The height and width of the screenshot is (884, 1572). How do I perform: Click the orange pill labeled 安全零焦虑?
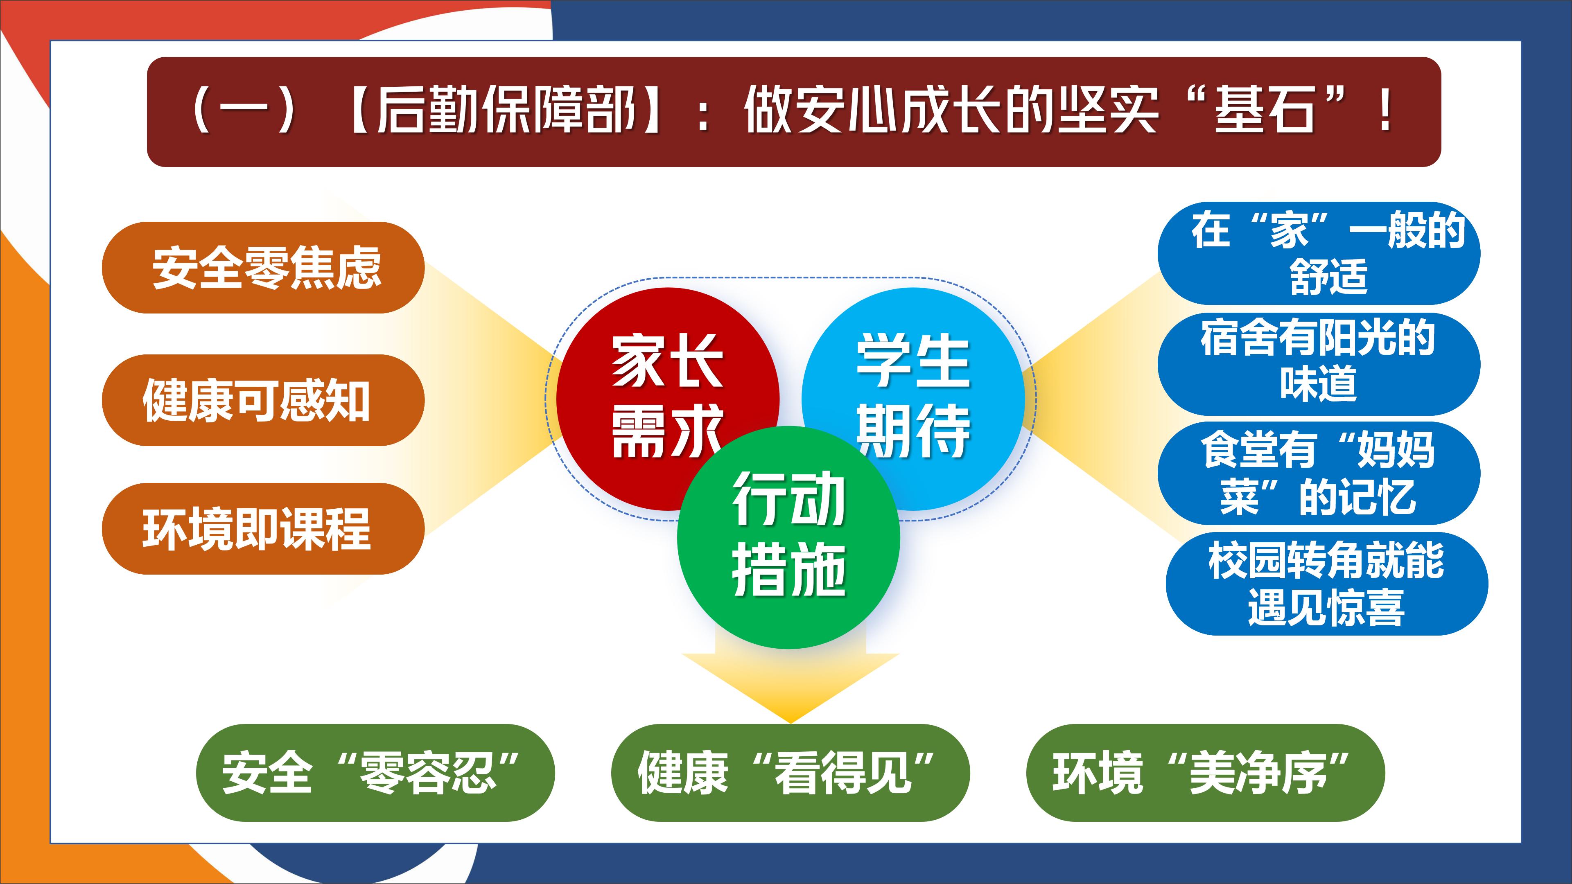pyautogui.click(x=263, y=268)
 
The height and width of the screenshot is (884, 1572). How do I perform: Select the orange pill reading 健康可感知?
pyautogui.click(x=263, y=400)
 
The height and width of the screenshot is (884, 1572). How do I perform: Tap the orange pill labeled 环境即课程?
pyautogui.click(x=263, y=528)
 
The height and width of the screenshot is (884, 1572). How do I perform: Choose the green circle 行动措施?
pyautogui.click(x=788, y=537)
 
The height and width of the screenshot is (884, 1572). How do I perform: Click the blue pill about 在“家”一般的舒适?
pyautogui.click(x=1319, y=253)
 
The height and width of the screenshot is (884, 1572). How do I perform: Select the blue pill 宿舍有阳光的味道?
pyautogui.click(x=1319, y=363)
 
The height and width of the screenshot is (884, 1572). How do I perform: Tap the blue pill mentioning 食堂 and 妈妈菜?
pyautogui.click(x=1319, y=474)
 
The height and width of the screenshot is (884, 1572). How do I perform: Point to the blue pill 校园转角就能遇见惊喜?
pyautogui.click(x=1327, y=584)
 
